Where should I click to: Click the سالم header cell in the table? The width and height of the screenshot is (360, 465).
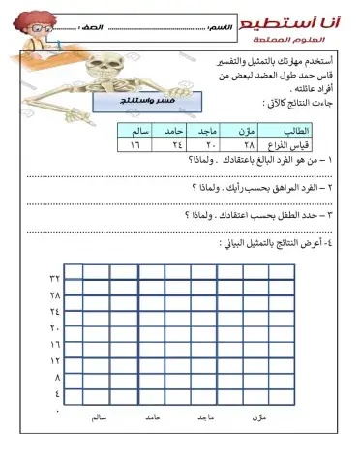134,130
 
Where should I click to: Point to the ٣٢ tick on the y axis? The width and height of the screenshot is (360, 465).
54,278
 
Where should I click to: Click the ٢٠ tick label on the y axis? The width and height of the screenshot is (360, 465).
54,327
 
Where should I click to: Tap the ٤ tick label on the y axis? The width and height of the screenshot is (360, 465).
56,393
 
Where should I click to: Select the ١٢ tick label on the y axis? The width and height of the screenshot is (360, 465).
54,360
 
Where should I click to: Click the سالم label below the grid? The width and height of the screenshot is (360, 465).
95,418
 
